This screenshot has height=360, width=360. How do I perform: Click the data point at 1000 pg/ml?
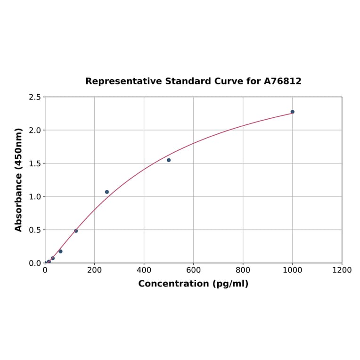292,112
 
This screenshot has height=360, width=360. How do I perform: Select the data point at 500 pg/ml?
169,160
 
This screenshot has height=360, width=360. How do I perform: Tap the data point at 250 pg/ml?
107,192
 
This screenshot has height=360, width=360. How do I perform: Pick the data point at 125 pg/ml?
76,231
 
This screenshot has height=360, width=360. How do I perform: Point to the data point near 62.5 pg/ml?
60,251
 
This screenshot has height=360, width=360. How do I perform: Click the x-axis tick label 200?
94,270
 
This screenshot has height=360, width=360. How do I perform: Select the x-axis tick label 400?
144,270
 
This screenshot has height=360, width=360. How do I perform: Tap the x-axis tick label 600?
193,270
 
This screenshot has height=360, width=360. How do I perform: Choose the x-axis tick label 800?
243,270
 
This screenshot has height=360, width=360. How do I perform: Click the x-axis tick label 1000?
292,270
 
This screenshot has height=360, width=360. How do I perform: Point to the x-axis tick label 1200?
342,270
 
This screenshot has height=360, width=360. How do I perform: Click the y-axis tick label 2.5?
35,97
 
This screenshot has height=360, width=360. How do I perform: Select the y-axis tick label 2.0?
35,130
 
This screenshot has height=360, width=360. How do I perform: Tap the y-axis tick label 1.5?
35,164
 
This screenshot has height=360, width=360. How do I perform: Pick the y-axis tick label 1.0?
35,196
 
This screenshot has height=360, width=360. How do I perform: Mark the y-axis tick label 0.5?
35,230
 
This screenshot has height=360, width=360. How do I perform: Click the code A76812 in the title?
282,81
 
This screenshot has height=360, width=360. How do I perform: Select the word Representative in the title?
123,81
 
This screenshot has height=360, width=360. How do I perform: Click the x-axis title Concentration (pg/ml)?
193,284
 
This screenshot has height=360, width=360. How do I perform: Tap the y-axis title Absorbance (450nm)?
19,180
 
